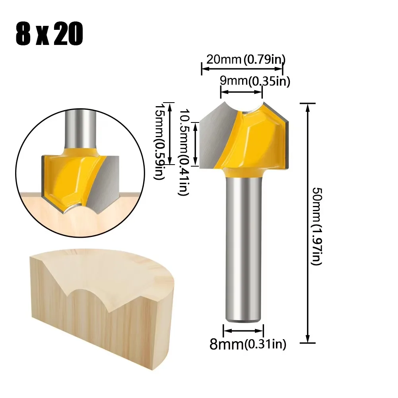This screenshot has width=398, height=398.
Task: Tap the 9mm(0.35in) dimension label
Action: tap(255, 82)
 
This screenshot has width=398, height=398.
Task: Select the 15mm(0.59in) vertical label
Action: tap(159, 139)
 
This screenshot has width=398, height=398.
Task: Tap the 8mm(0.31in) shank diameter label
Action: tap(248, 344)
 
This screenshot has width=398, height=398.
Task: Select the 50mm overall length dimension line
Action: tap(307, 223)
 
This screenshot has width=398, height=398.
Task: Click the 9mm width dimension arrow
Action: tap(242, 92)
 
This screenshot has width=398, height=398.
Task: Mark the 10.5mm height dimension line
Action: tap(195, 144)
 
